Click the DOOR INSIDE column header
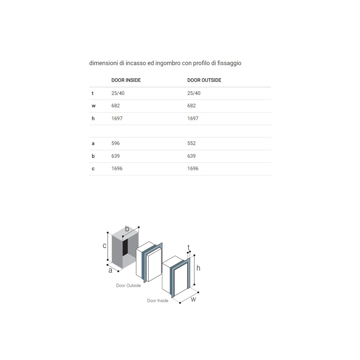126,80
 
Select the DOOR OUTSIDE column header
204,80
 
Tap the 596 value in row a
116,143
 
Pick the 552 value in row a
191,143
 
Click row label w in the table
94,106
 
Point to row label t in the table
93,93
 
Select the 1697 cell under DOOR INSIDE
117,118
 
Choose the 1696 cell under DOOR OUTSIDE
193,169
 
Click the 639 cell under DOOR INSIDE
116,156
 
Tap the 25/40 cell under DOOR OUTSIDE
194,93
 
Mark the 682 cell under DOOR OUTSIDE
191,106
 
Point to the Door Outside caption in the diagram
128,286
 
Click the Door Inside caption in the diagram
158,301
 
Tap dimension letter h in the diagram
198,268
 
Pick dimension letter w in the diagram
193,299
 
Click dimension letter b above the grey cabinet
127,229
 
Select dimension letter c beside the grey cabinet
104,246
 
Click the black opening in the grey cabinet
125,247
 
